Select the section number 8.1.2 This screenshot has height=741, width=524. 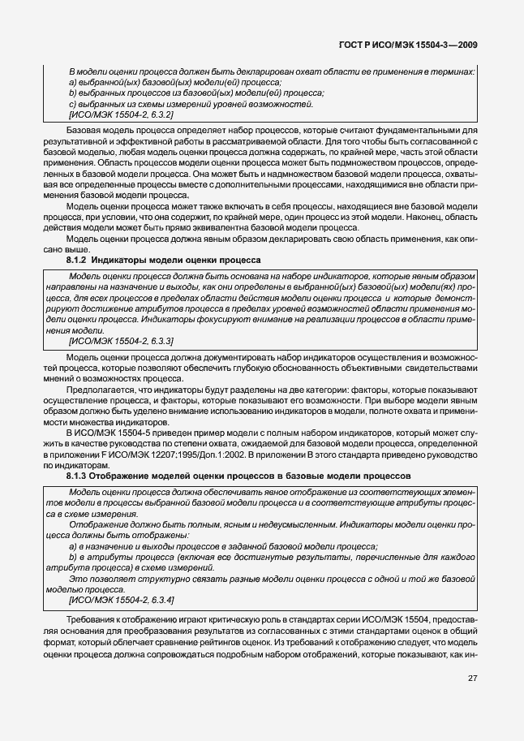tap(77, 260)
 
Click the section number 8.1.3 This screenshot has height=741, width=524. tap(77, 475)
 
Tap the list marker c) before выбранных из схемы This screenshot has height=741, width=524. tap(72, 105)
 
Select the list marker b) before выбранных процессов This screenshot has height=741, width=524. tap(72, 93)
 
